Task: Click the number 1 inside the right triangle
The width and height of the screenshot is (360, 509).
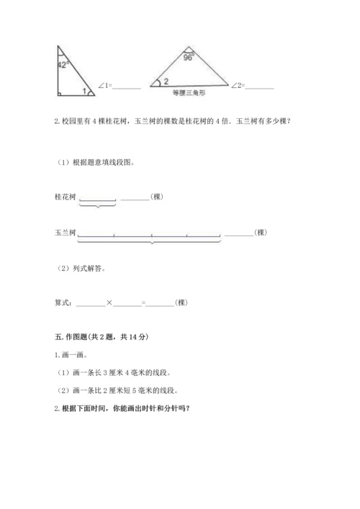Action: [84, 91]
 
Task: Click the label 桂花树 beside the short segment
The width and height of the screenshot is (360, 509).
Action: [64, 197]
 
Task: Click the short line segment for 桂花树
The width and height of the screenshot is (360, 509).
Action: [97, 199]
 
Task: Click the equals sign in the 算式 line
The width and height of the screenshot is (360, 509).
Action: [144, 302]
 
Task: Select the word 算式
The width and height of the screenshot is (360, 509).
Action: [63, 302]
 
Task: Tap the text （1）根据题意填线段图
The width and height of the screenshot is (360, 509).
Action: [96, 162]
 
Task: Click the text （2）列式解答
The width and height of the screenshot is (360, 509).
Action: [81, 268]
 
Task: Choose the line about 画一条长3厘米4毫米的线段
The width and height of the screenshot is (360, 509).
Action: [114, 372]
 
